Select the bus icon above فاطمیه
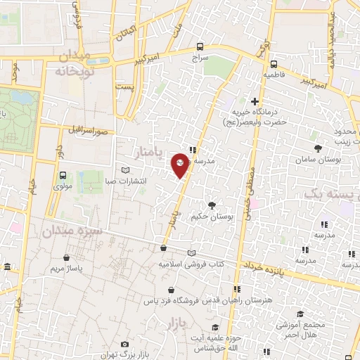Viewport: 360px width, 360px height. tap(269, 60)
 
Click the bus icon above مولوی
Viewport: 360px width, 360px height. tap(63, 175)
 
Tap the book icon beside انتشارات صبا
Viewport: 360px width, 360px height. tap(126, 171)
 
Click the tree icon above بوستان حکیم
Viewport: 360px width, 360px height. tap(212, 205)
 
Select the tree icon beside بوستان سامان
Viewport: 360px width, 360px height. tap(318, 148)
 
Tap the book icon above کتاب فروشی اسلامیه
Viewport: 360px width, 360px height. tap(193, 253)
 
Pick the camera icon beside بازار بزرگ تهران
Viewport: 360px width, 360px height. tap(124, 345)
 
